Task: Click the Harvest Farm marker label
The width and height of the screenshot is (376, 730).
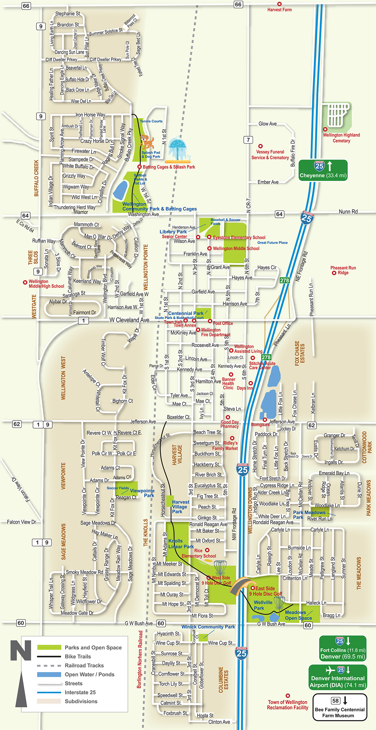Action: coord(279,10)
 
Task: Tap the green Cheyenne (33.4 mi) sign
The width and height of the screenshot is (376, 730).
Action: coord(323,170)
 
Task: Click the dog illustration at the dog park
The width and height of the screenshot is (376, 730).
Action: coord(147,141)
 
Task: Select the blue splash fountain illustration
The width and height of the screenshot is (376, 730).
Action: coord(178,150)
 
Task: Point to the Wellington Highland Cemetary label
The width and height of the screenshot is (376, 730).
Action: coord(341,138)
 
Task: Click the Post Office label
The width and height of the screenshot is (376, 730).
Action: coord(223,323)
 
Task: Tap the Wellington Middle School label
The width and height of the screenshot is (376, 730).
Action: coord(236,248)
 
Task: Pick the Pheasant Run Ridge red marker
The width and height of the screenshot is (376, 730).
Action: coord(334,273)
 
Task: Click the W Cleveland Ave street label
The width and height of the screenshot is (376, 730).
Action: coord(129,320)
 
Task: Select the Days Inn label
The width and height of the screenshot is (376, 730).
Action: coord(245,388)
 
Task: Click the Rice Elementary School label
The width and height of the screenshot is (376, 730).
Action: coord(199,553)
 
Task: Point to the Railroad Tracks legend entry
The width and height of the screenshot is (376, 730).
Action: coord(84,665)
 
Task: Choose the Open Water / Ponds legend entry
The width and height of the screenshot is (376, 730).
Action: coord(89,674)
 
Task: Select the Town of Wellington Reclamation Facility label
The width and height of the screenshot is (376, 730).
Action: coord(288,705)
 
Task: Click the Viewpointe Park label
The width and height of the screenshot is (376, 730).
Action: coord(142,493)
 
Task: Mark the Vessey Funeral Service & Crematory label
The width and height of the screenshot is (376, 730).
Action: coord(270,155)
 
